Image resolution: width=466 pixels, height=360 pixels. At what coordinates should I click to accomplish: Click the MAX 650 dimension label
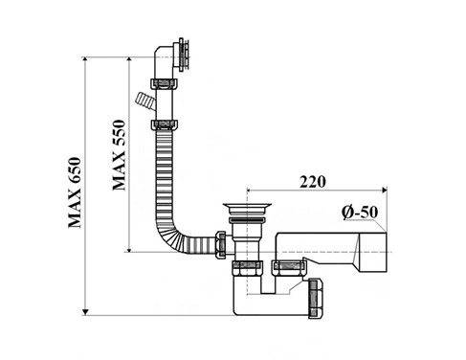point(76,192)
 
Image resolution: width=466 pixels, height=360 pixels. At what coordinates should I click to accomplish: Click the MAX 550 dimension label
point(119,155)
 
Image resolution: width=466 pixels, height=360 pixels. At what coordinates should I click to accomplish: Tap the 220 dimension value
point(313,182)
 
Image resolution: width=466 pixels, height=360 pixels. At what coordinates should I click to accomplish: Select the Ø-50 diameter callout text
point(360,213)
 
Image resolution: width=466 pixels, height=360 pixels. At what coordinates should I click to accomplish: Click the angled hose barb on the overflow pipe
point(144,101)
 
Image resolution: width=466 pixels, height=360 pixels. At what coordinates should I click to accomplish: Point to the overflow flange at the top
point(183,56)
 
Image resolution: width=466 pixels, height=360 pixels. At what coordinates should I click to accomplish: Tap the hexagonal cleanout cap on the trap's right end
point(316,298)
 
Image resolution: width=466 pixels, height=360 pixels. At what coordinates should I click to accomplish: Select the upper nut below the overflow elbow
point(164,83)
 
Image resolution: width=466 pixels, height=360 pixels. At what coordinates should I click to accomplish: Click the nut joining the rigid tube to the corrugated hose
point(164,124)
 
